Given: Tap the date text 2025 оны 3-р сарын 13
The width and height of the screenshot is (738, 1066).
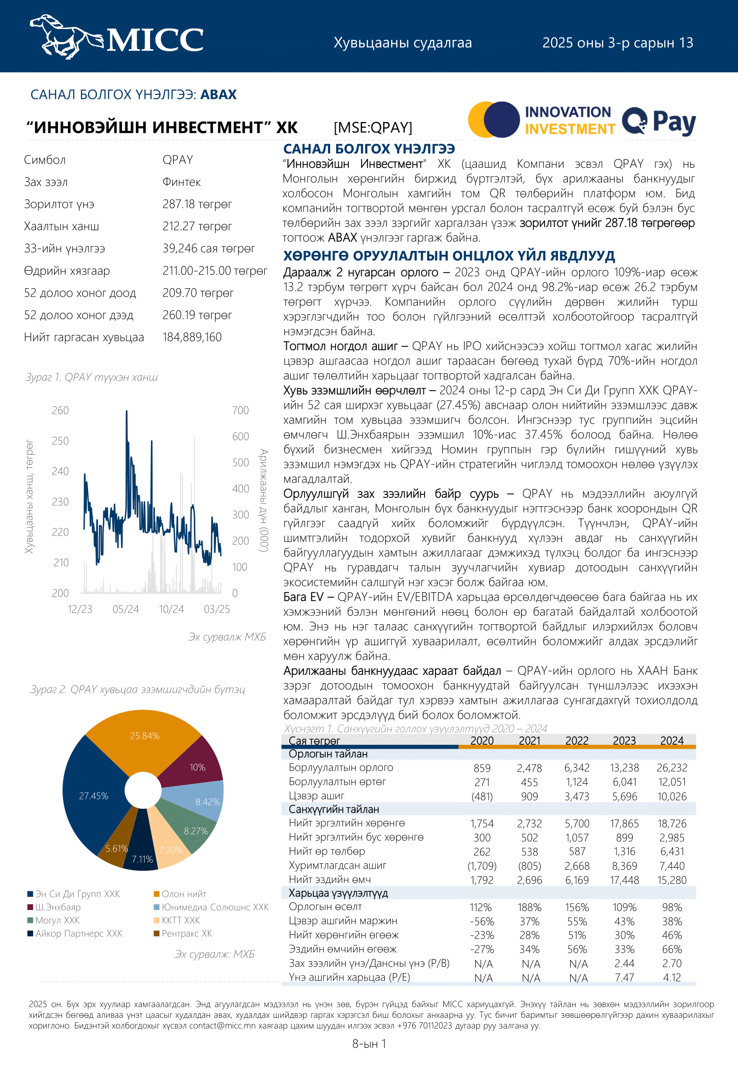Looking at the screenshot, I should [x=617, y=43].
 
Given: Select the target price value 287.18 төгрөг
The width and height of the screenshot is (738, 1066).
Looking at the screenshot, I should [x=197, y=204].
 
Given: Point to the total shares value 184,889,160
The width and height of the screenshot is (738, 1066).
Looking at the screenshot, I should [x=192, y=337].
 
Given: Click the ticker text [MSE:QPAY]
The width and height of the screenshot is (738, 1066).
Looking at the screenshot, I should [x=372, y=128].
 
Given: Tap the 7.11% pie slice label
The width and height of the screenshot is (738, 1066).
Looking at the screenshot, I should [x=142, y=859].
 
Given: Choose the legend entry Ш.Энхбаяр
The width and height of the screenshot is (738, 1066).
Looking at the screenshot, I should [x=58, y=907].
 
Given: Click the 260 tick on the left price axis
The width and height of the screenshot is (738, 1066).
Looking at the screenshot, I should [x=61, y=411].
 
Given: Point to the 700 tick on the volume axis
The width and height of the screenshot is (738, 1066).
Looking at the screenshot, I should [x=241, y=411].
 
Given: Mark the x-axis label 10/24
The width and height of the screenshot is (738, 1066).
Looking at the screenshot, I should [x=171, y=609].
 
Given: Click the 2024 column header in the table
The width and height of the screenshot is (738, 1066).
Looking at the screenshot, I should [x=672, y=741].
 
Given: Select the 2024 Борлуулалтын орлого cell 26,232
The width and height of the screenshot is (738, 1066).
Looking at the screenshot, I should [x=672, y=768].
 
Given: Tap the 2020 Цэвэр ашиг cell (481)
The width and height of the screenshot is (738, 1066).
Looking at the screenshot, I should [x=482, y=796].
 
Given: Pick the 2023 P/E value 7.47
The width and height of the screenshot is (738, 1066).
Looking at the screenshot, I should [x=624, y=977].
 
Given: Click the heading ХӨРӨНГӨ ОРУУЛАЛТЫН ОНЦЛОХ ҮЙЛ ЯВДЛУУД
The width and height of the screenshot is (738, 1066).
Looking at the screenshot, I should [x=449, y=256].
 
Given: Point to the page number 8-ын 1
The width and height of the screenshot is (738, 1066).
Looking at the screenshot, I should [x=369, y=1044].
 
